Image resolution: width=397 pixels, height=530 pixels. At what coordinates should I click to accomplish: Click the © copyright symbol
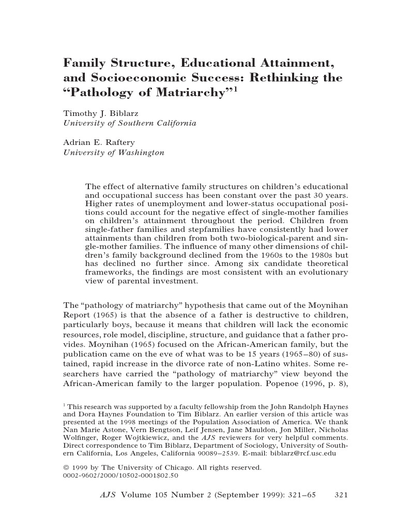click(x=66, y=467)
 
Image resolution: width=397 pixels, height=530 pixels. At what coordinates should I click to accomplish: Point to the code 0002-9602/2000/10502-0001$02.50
click(x=120, y=475)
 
